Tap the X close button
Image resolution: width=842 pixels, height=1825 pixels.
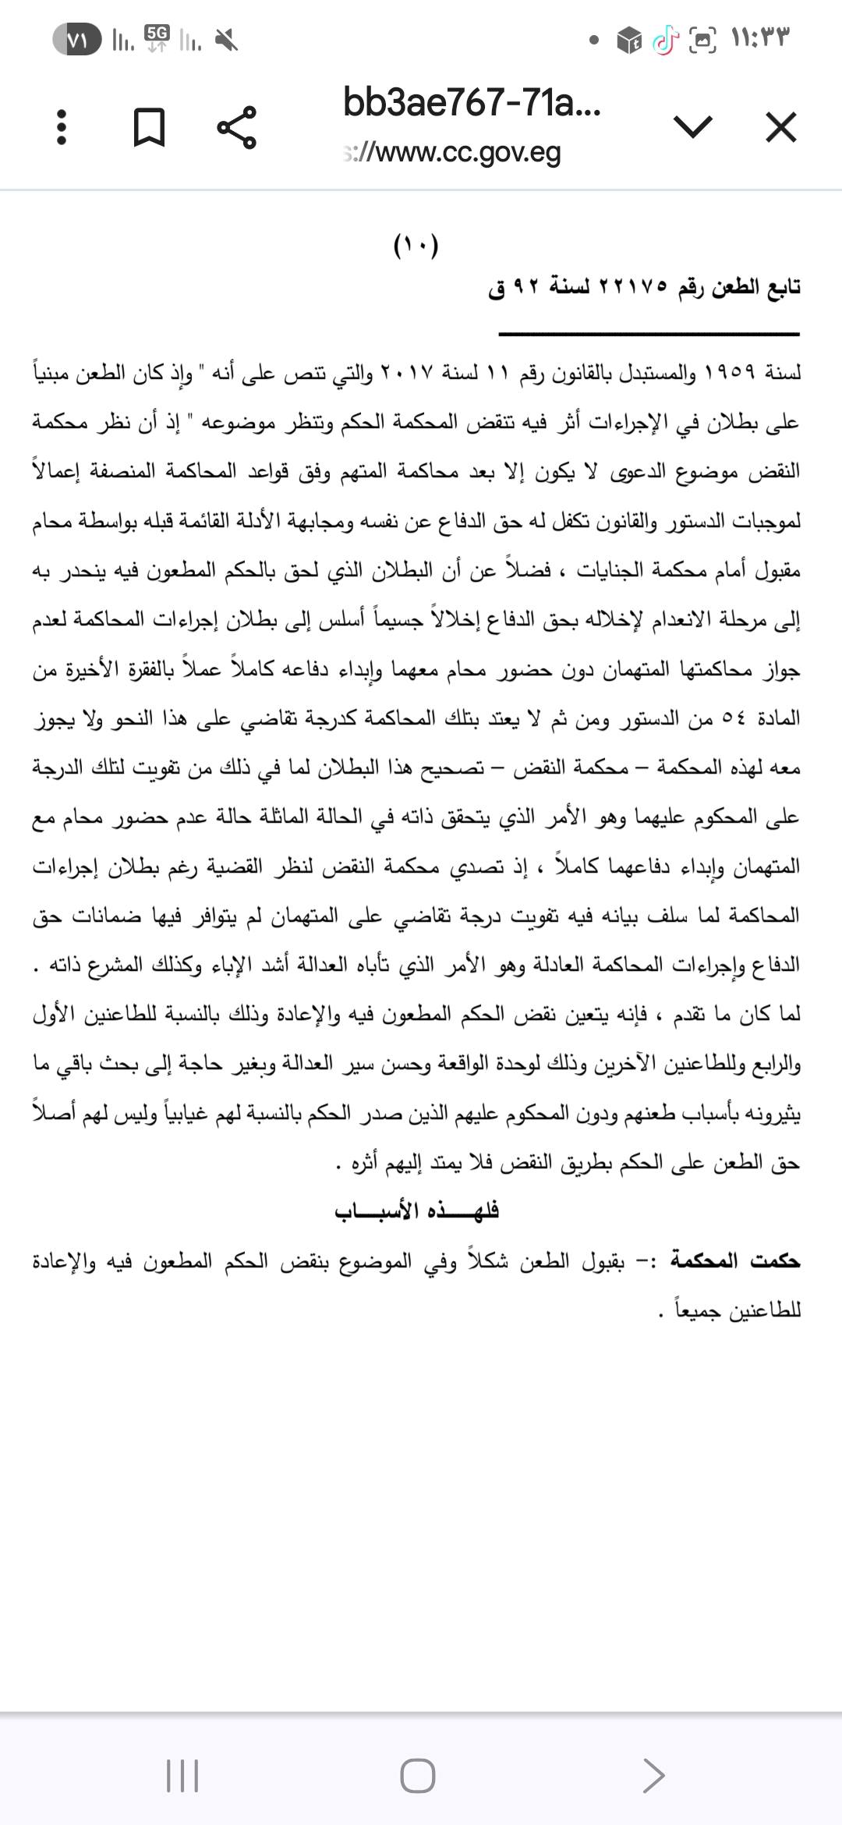781,127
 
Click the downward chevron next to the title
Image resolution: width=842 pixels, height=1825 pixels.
692,126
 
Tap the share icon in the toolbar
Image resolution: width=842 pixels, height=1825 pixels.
236,127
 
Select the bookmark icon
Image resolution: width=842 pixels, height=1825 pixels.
149,127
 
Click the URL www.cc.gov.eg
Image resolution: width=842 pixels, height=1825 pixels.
452,153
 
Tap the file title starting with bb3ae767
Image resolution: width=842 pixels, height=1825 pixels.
472,103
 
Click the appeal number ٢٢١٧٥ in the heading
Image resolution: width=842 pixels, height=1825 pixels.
632,288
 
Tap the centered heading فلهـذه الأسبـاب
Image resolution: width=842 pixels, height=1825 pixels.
416,1210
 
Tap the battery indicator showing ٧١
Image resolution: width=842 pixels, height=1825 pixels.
76,39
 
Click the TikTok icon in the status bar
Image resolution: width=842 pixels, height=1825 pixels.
664,39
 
